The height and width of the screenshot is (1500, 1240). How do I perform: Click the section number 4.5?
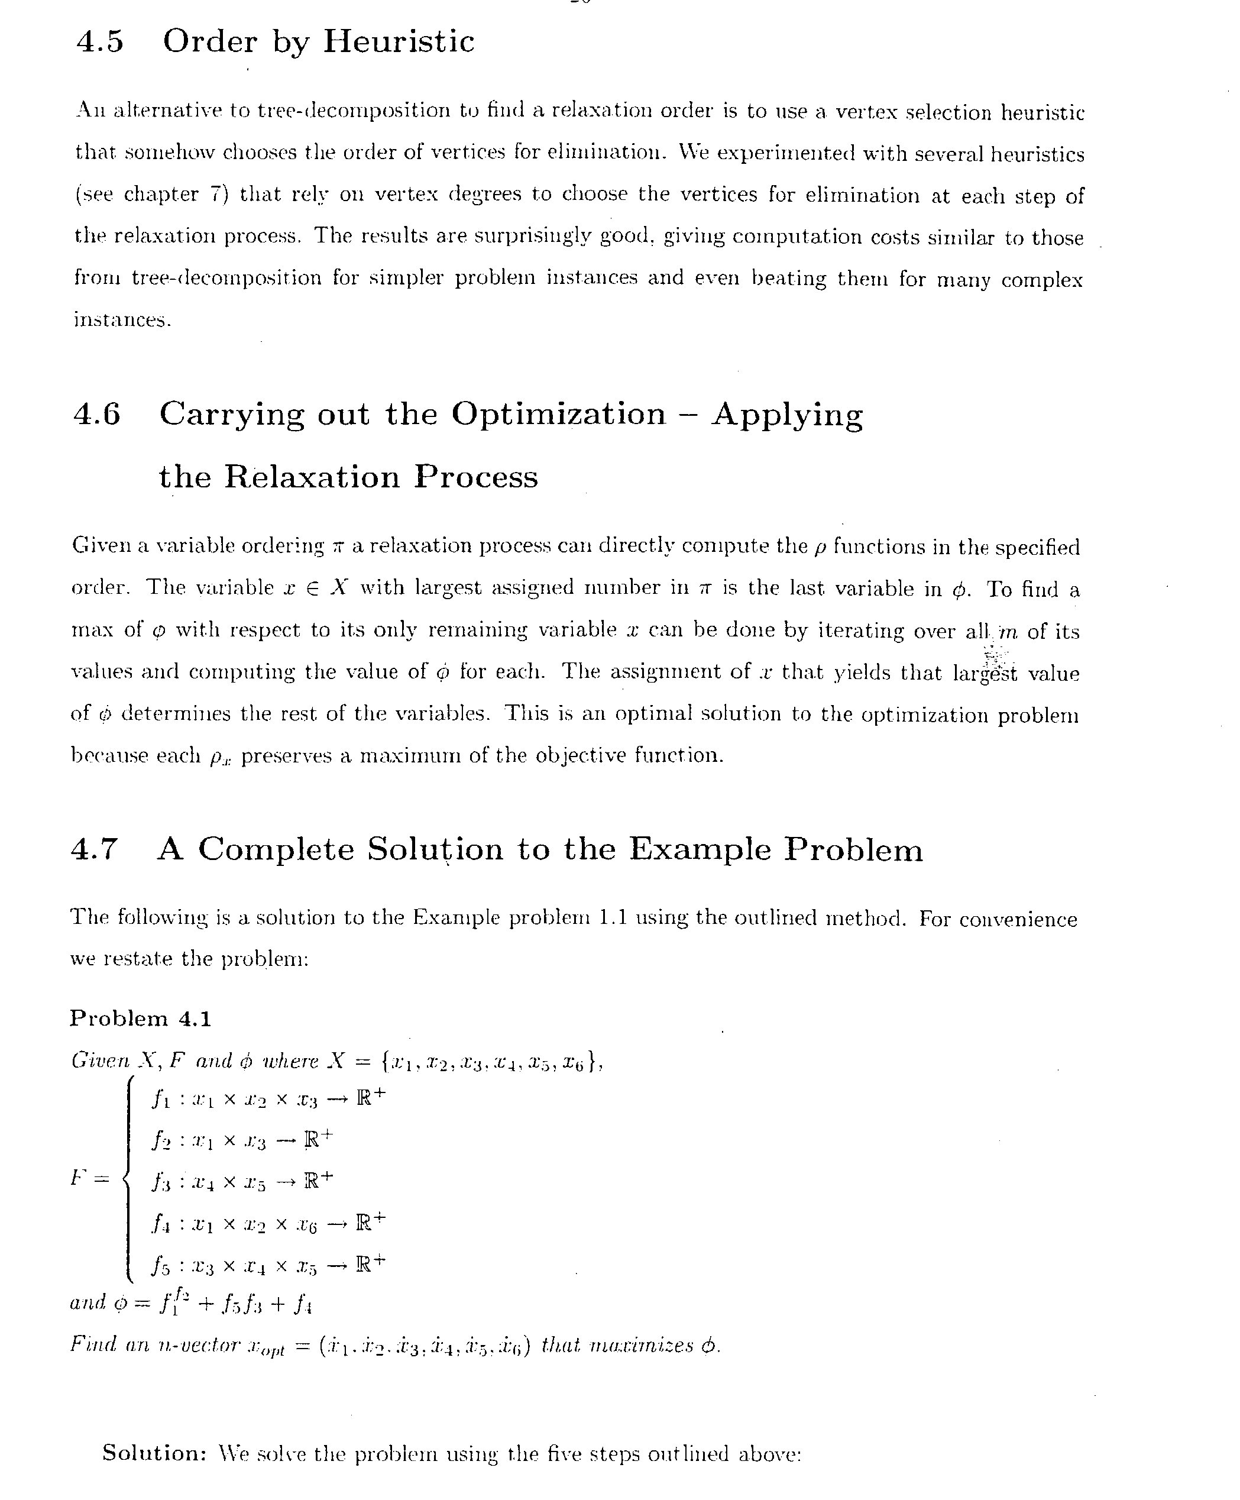click(99, 41)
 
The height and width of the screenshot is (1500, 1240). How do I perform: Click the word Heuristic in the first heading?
click(399, 41)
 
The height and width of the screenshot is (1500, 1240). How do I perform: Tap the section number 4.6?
click(97, 414)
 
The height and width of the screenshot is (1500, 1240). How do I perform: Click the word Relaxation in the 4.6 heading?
click(312, 477)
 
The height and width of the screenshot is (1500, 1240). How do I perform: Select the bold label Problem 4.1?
click(141, 1019)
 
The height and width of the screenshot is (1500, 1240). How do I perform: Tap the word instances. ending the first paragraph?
click(122, 319)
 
